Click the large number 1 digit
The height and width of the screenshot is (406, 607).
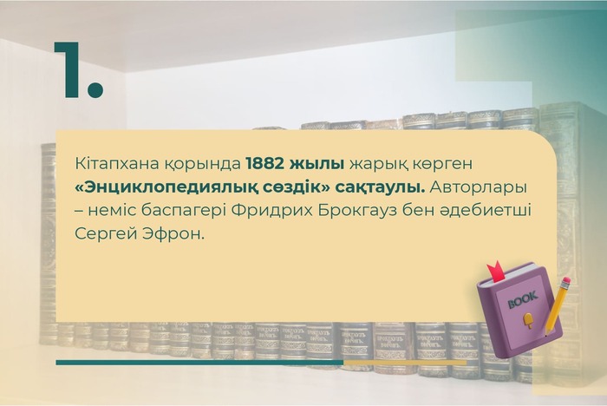pos(69,69)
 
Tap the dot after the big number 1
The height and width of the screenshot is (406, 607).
pos(95,88)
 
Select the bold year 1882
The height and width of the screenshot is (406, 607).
pos(264,164)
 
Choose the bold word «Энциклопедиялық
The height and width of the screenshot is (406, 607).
pos(164,187)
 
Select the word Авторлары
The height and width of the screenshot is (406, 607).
pos(479,188)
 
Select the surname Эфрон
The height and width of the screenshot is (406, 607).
pos(173,234)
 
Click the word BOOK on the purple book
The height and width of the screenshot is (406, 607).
pos(523,300)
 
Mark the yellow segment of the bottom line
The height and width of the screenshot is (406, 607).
pos(405,363)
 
